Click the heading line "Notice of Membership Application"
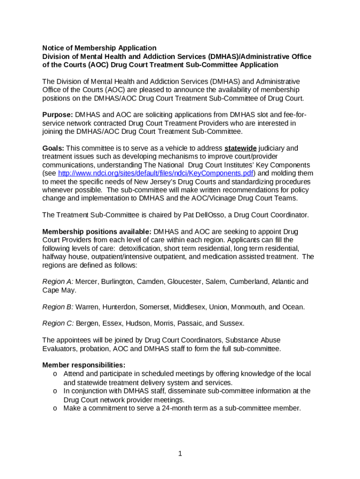click(x=99, y=48)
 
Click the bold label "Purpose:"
click(x=58, y=115)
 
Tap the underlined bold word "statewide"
click(x=240, y=148)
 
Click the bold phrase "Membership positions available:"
click(x=97, y=232)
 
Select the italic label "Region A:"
click(x=58, y=282)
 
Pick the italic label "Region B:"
click(x=58, y=307)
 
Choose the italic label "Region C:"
click(x=58, y=323)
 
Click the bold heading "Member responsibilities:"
click(x=84, y=365)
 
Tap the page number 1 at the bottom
click(x=180, y=453)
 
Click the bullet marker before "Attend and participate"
click(x=55, y=374)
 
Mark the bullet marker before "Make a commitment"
click(x=55, y=408)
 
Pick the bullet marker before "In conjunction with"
click(x=55, y=391)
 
